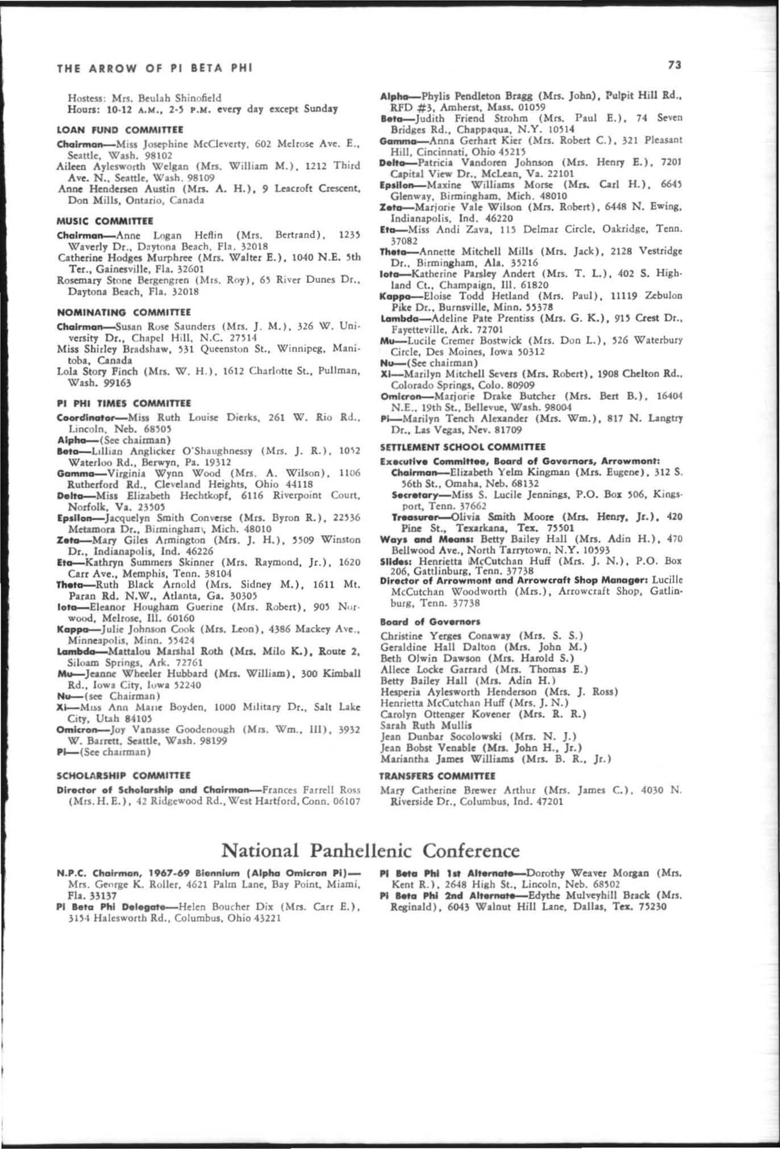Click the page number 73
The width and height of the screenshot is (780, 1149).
pos(674,66)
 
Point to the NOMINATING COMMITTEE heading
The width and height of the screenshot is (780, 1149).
pos(124,312)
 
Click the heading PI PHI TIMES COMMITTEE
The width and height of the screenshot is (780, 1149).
pos(124,403)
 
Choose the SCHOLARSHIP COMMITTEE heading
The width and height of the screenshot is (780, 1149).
pos(124,775)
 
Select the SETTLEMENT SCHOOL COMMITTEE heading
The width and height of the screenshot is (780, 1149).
pos(462,447)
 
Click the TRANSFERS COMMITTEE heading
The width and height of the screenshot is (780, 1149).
pos(437,775)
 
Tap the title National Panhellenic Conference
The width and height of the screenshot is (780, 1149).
pos(370,850)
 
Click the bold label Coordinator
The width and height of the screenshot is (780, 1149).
pos(86,418)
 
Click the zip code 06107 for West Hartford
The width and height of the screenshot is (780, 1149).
pos(346,801)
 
